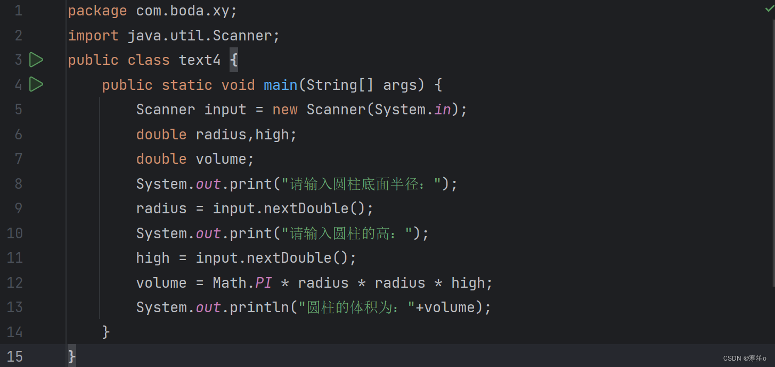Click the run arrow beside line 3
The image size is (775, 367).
coord(36,60)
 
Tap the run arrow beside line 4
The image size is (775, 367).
coord(36,85)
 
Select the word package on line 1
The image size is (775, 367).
coord(97,11)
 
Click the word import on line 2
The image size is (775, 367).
coord(93,36)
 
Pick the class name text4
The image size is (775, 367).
coord(200,60)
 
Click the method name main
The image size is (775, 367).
coord(281,85)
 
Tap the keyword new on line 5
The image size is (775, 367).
coord(285,110)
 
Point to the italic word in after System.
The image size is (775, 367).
coord(442,110)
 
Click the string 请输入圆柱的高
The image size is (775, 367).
coord(347,233)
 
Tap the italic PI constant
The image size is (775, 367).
coord(264,283)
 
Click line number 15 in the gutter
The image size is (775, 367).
coord(15,356)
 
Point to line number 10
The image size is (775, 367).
coord(15,233)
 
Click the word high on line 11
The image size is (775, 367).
coord(153,258)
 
